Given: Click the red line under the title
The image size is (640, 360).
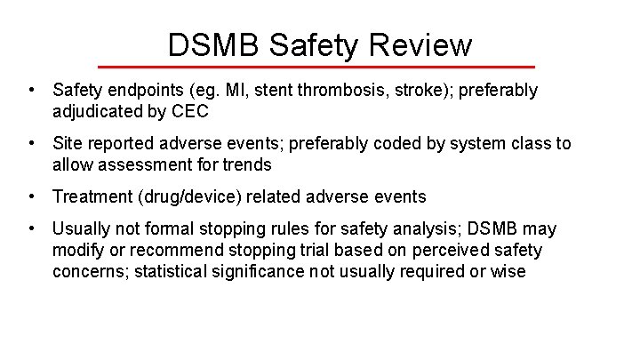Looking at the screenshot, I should pyautogui.click(x=316, y=67).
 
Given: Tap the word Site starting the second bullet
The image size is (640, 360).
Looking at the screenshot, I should pyautogui.click(x=68, y=143).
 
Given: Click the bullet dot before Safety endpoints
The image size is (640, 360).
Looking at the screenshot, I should pyautogui.click(x=31, y=91).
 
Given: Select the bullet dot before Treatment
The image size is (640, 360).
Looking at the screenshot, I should pyautogui.click(x=31, y=196).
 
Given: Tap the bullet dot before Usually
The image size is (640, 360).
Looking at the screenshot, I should pyautogui.click(x=31, y=229).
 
